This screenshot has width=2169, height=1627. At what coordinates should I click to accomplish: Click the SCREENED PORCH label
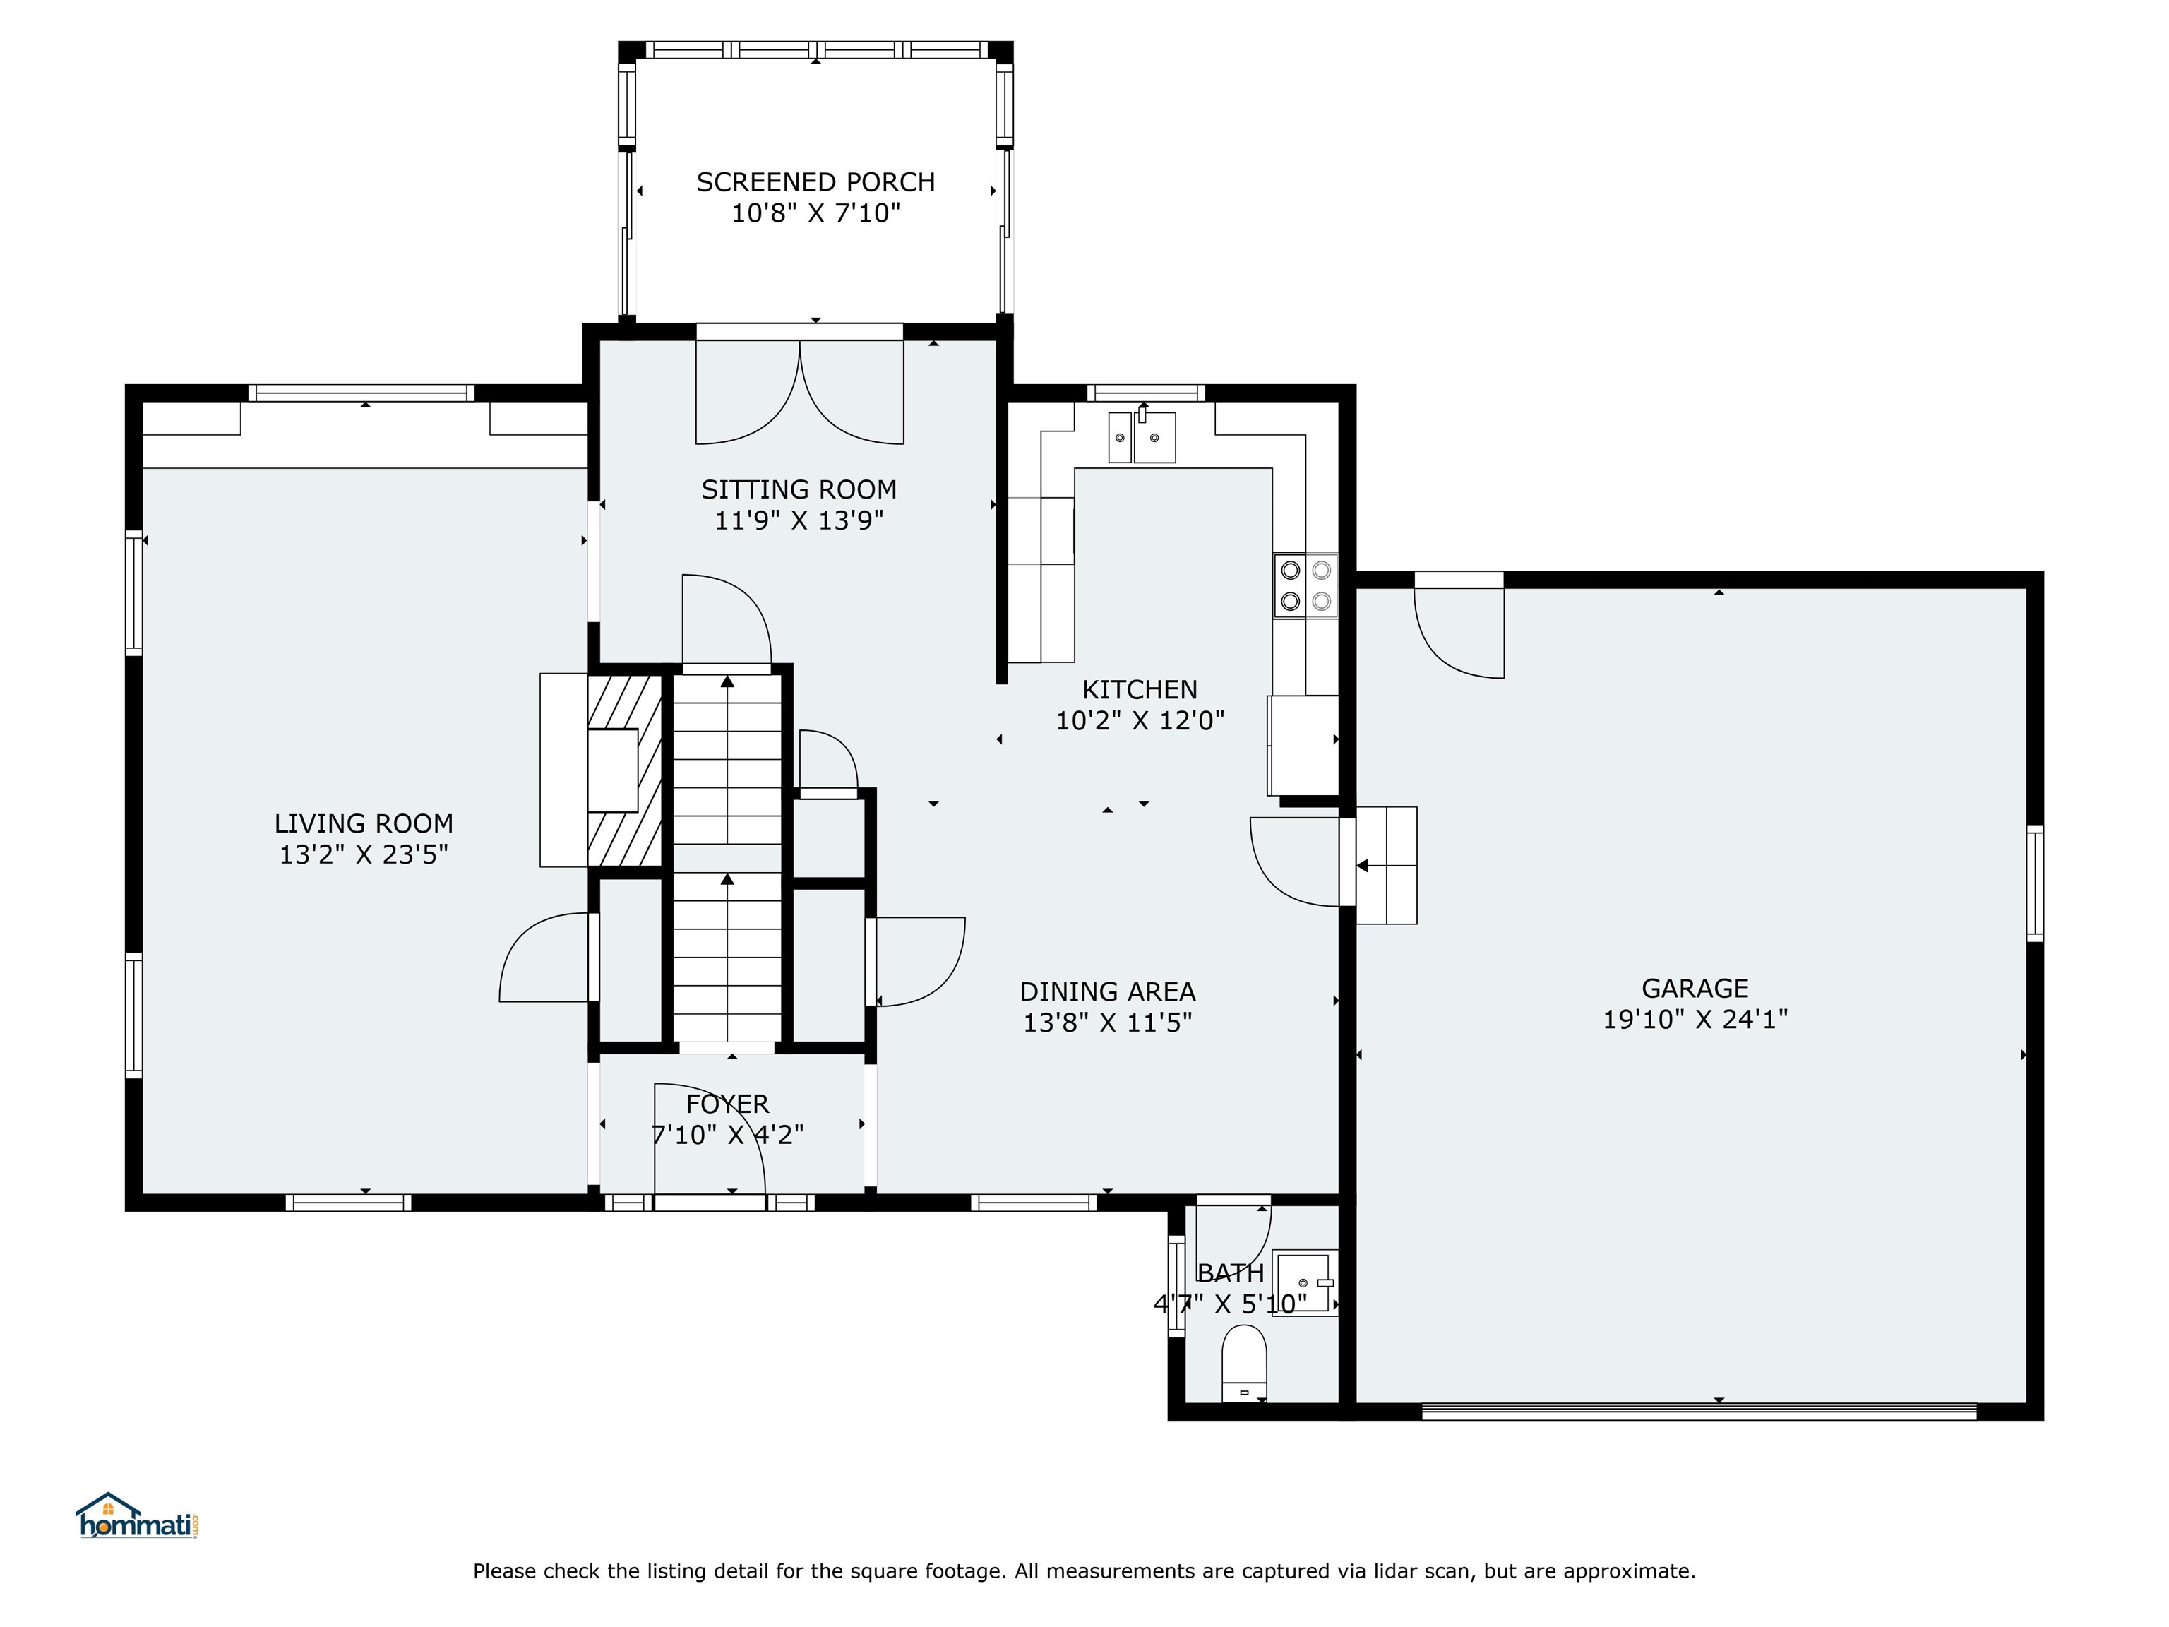(815, 182)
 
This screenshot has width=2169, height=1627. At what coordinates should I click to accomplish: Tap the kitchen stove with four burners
(1305, 585)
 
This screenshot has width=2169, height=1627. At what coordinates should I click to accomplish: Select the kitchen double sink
(1142, 437)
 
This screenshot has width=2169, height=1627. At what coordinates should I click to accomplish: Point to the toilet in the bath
(1243, 1363)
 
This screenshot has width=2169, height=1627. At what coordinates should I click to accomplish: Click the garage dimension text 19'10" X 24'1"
(1695, 1019)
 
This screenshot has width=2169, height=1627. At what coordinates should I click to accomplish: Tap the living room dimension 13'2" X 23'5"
(363, 854)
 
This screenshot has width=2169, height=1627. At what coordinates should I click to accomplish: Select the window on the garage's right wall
(2035, 883)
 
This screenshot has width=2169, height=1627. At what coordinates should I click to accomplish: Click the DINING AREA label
(1107, 991)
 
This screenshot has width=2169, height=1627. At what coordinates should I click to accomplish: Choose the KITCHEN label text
(1140, 689)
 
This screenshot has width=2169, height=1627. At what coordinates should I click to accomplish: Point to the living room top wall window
(361, 393)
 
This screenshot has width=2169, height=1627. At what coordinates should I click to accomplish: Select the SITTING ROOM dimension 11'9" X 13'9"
(798, 520)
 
